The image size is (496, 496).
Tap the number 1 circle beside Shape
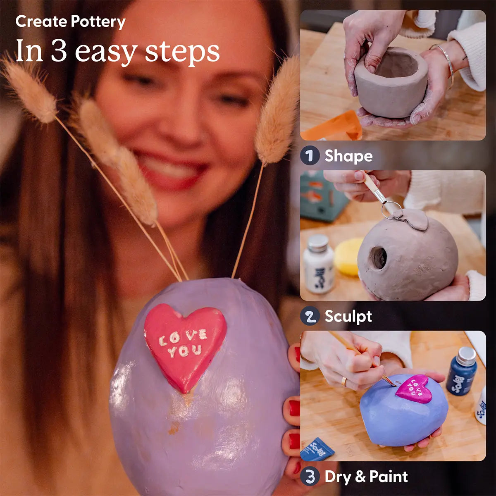310,156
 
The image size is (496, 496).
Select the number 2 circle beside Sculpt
310,316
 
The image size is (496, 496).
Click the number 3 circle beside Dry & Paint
310,477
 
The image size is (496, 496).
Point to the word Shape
348,156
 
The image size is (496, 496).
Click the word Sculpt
348,317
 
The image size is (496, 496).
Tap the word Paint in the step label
389,477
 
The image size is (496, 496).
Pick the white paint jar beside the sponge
318,265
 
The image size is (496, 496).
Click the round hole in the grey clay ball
378,258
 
